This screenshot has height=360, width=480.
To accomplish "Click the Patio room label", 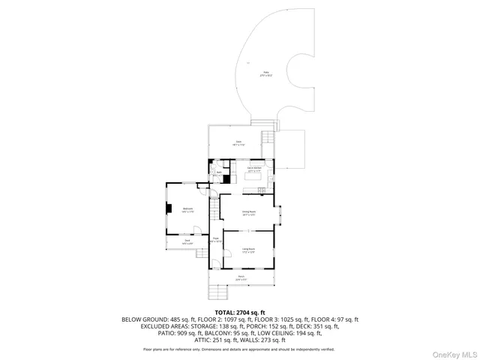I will click(265, 73).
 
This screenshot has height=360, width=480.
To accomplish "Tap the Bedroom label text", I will click(187, 210).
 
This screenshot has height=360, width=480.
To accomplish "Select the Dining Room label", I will click(249, 213).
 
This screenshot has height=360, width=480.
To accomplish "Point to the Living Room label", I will click(248, 250).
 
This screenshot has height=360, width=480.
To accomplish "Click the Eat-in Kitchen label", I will click(253, 169).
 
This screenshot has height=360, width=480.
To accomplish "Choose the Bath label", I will click(218, 173).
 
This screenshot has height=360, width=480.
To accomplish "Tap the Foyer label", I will click(215, 240).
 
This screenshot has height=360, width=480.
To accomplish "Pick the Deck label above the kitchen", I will click(238, 142).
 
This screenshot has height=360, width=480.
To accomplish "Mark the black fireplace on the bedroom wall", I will click(169, 210).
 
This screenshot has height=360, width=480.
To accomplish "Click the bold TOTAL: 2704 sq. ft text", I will click(240, 312).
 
